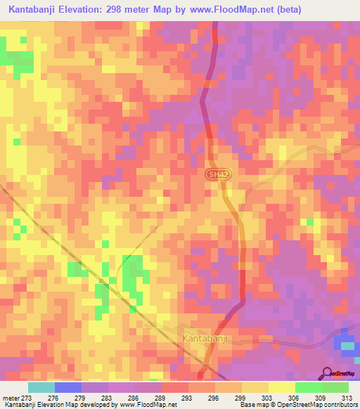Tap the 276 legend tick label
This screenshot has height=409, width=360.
pos(53,397)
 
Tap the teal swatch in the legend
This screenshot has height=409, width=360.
pos(41,387)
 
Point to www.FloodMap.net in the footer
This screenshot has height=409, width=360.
pos(147,405)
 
